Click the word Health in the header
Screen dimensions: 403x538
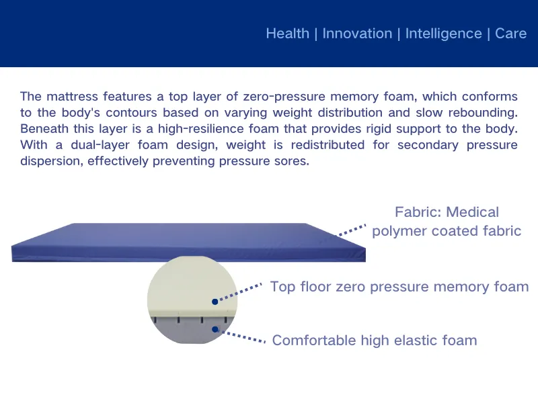click(287, 34)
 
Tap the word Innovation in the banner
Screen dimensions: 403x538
click(357, 34)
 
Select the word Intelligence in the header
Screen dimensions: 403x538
click(443, 34)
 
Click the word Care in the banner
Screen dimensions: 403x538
click(510, 34)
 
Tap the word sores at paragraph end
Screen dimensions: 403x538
click(293, 161)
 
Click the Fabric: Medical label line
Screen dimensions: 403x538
click(447, 212)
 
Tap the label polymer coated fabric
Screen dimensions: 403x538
click(447, 231)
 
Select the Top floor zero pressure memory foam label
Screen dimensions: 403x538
click(399, 287)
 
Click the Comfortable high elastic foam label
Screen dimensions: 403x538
click(375, 341)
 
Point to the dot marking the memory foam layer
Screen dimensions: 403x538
click(215, 302)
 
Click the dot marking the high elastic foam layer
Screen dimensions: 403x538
click(215, 329)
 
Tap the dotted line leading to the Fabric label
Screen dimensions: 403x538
click(351, 230)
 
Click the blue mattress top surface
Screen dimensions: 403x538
click(188, 235)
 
